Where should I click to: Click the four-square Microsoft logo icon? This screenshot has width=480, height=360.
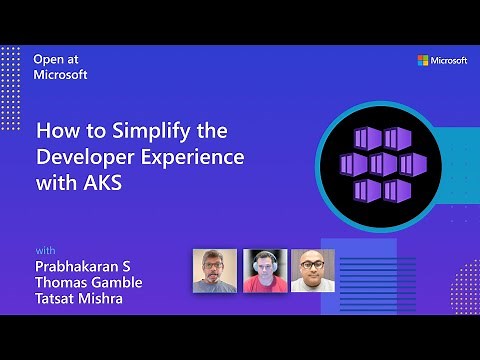click(424, 61)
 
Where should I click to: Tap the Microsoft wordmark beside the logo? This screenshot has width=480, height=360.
click(449, 61)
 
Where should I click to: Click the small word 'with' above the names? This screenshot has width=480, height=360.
click(45, 249)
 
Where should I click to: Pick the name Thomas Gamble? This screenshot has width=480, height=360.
click(89, 282)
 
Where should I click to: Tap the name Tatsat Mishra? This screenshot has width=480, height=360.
click(80, 298)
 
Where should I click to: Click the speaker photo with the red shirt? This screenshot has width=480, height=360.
click(264, 270)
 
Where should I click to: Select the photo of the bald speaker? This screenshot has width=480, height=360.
click(312, 270)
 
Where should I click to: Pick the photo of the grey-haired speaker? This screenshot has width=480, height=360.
click(214, 270)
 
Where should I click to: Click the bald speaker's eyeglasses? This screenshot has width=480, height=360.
click(312, 266)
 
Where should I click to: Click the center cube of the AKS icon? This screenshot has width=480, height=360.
click(383, 163)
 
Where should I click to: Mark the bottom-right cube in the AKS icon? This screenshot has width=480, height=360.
click(397, 188)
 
